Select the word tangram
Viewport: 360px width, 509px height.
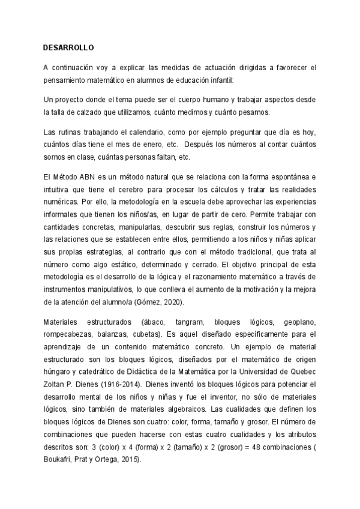(x=187, y=322)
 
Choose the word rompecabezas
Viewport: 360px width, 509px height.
(x=68, y=335)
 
